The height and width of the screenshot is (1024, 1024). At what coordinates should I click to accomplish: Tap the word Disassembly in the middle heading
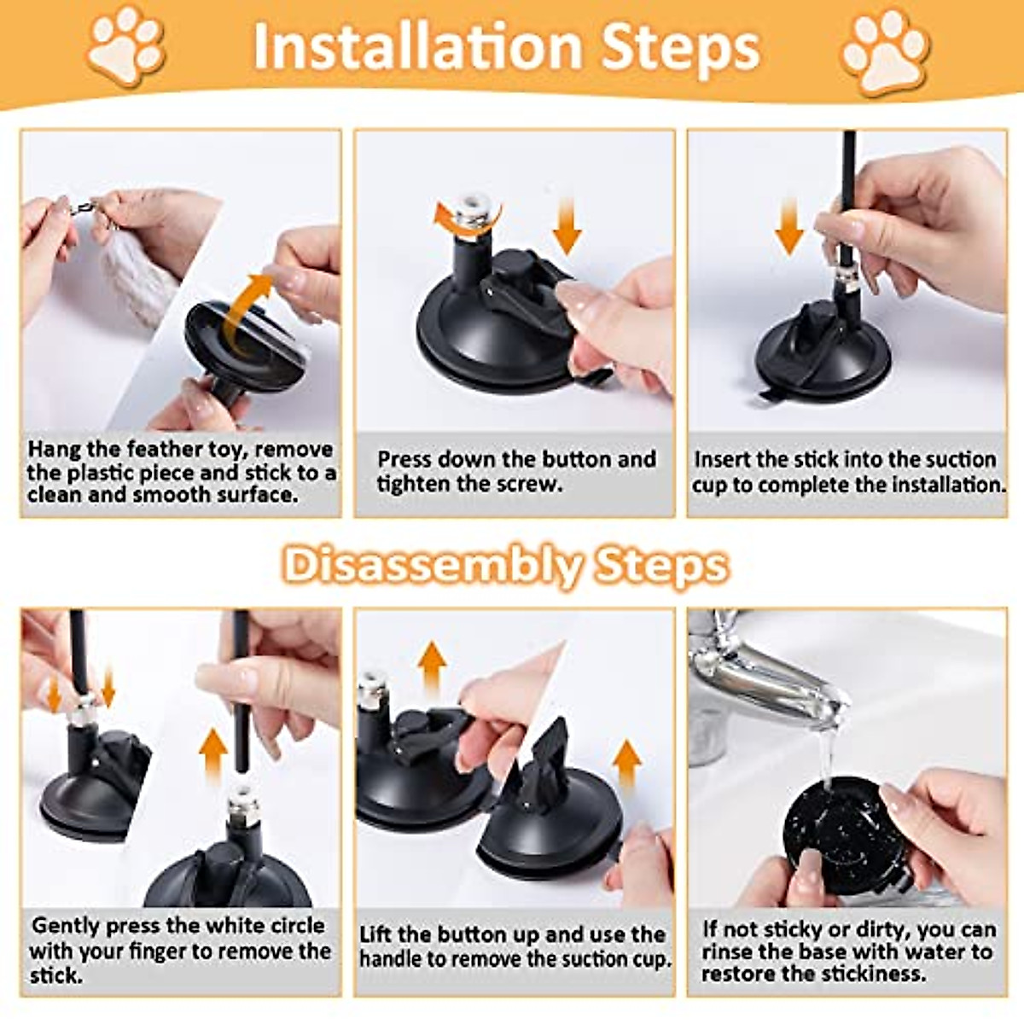[432, 566]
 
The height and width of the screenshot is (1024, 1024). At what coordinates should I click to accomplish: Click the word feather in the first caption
[162, 449]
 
